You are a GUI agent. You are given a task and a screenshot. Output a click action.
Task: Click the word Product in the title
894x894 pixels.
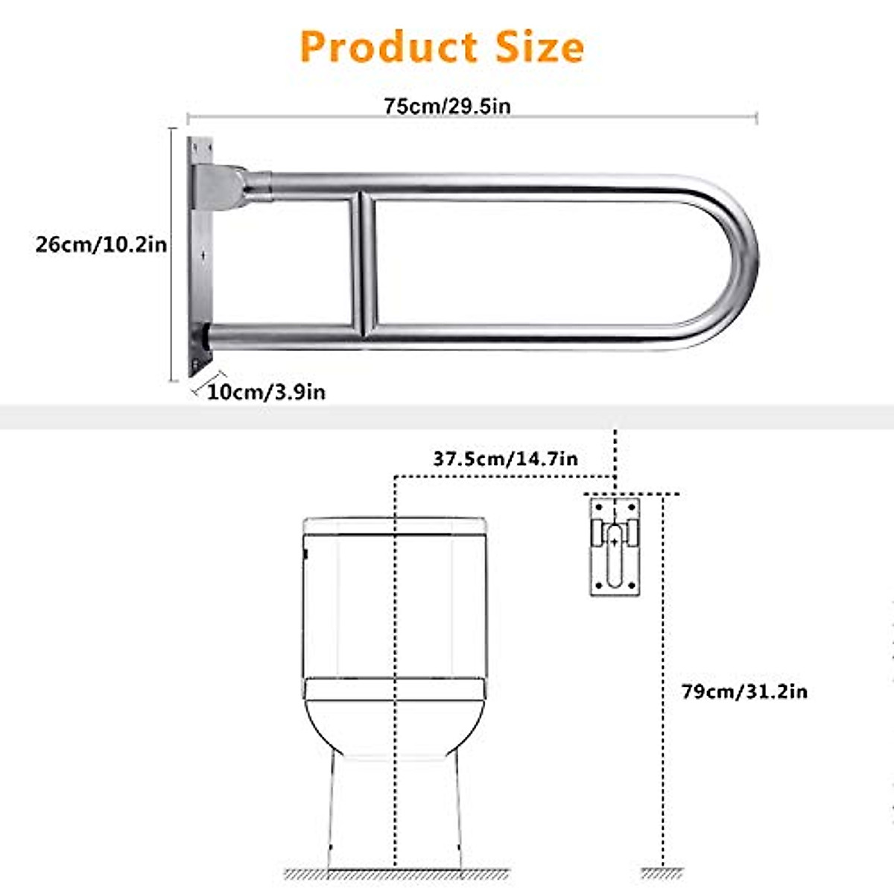388,47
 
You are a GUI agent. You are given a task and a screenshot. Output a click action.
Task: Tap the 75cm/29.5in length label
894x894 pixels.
447,106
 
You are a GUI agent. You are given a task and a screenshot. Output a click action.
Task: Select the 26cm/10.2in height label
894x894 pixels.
101,244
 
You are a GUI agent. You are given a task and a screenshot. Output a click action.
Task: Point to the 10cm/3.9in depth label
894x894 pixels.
266,392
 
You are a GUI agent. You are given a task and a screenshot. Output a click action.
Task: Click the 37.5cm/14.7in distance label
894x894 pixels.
505,459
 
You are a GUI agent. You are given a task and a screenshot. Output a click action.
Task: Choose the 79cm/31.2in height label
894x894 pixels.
744,691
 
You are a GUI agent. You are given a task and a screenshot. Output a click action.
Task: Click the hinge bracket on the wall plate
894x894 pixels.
221,186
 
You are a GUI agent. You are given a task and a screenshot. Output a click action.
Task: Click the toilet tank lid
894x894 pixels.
395,524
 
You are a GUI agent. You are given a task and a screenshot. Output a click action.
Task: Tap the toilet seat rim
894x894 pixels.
395,689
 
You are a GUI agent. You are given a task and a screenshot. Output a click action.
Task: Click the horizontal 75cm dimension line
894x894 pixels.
596,116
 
